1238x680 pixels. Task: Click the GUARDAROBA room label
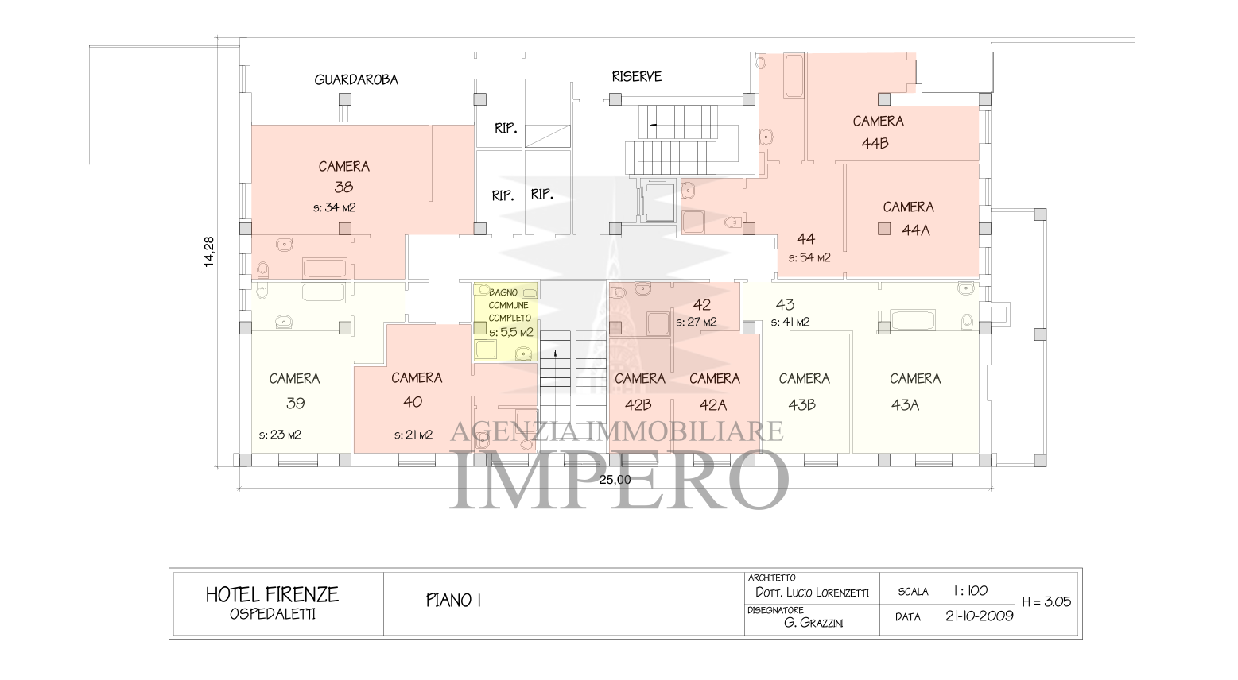[x=356, y=79]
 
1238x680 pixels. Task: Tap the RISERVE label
[x=636, y=77]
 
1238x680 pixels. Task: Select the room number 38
[x=343, y=187]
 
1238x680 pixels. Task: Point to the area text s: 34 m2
[x=334, y=208]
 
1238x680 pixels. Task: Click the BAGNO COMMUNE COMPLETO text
[x=509, y=305]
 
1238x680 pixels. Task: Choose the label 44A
[x=915, y=230]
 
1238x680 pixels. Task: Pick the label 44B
[x=875, y=144]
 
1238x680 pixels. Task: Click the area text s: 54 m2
[x=809, y=258]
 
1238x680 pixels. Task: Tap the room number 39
[x=295, y=404]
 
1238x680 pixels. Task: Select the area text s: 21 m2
[x=413, y=435]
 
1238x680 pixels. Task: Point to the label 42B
[x=638, y=405]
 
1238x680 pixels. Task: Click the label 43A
[x=905, y=405]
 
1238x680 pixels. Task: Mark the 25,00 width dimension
[x=615, y=479]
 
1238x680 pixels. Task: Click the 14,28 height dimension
[x=209, y=252]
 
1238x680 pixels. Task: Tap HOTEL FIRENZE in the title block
[x=272, y=594]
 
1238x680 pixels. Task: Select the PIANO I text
[x=454, y=601]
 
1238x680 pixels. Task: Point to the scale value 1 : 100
[x=969, y=591]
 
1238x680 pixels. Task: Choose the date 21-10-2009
[x=979, y=616]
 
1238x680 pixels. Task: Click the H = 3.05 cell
[x=1046, y=602]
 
